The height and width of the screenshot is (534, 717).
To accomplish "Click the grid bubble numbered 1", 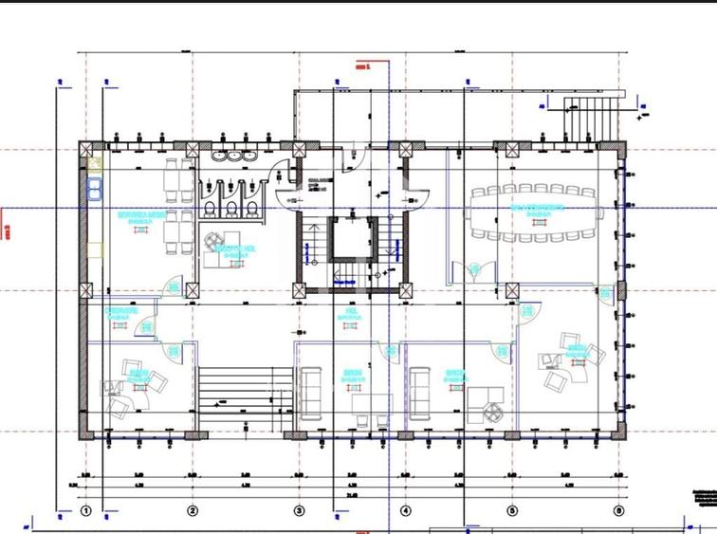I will pyautogui.click(x=85, y=510).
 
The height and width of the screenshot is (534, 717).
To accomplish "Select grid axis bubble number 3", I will pyautogui.click(x=300, y=510).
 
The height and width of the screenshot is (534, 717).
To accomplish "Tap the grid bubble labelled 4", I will pyautogui.click(x=406, y=510).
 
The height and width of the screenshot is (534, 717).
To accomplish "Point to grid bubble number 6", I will pyautogui.click(x=619, y=510).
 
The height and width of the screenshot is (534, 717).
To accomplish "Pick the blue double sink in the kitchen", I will pyautogui.click(x=94, y=188).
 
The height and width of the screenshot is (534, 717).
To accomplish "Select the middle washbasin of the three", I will pyautogui.click(x=234, y=156).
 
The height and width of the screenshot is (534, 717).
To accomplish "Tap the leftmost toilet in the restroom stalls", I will pyautogui.click(x=210, y=208).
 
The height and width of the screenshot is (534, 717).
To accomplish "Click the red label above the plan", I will pyautogui.click(x=360, y=67).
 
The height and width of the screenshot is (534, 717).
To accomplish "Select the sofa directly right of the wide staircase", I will pyautogui.click(x=312, y=394).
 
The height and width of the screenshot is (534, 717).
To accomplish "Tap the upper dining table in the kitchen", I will pyautogui.click(x=174, y=176).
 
